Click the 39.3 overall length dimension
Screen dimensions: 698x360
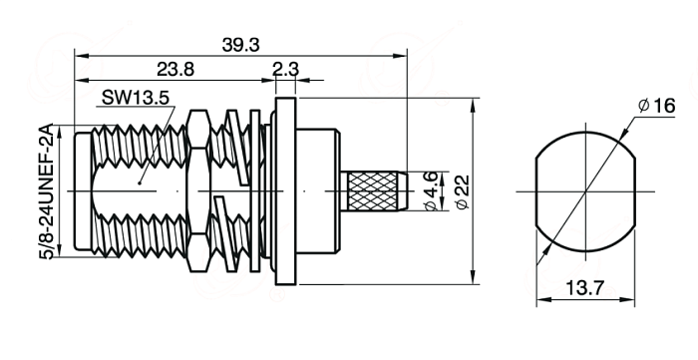(x=240, y=45)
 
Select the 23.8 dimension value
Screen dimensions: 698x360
(x=175, y=70)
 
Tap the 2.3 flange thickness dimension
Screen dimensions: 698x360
(x=285, y=70)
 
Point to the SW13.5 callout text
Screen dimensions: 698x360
(x=136, y=98)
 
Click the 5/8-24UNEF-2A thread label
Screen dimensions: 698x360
(x=46, y=191)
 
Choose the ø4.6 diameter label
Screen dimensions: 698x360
(x=432, y=191)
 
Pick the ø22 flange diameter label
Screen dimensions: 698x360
(x=463, y=191)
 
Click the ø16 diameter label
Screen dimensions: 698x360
(x=656, y=106)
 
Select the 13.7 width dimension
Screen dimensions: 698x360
(x=585, y=288)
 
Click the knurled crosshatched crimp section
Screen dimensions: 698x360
(x=373, y=191)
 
